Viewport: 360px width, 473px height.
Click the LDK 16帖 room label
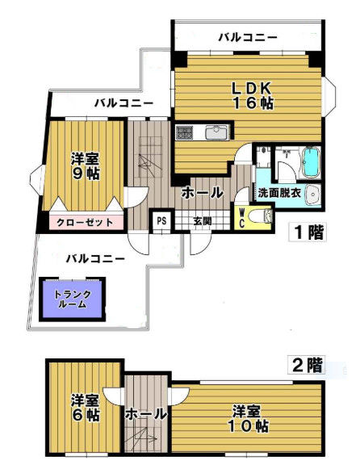(252, 96)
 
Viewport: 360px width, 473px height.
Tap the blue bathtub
(310, 162)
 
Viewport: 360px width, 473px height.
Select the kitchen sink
(216, 132)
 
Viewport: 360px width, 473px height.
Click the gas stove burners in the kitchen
(184, 132)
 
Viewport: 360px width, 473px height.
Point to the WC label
(242, 216)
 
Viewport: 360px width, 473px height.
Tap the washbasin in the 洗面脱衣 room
(312, 192)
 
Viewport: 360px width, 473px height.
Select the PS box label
(161, 220)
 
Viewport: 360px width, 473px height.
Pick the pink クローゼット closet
(85, 223)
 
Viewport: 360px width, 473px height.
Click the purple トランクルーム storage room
(73, 299)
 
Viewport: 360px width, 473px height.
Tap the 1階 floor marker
(308, 232)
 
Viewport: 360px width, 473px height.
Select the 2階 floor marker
(306, 365)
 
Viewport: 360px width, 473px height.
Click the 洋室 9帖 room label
(85, 166)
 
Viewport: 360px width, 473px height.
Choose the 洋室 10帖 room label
(248, 419)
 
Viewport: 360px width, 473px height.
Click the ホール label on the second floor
(145, 414)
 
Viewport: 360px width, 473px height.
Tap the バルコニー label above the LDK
(248, 38)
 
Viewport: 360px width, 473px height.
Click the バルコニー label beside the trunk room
(96, 259)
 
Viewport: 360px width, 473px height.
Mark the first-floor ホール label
(202, 193)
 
